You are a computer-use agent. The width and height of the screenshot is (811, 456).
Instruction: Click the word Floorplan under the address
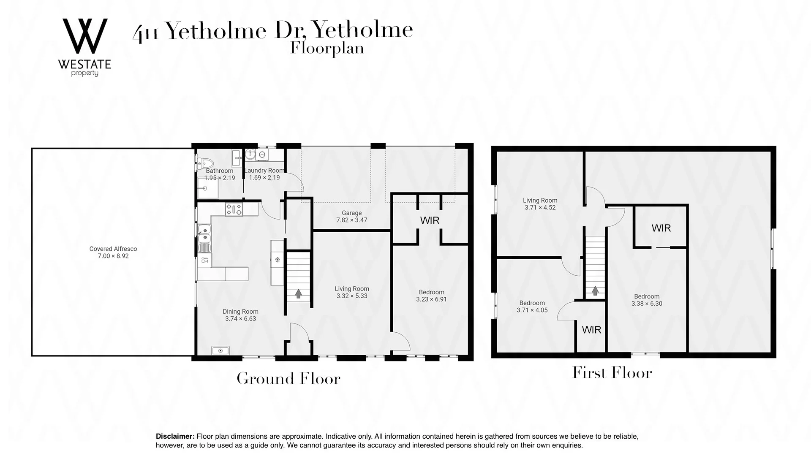click(327, 49)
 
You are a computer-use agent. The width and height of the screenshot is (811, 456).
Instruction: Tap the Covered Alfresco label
click(113, 252)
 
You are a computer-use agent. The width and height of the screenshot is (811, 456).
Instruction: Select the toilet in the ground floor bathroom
click(207, 163)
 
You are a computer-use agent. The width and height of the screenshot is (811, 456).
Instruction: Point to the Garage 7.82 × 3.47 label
click(351, 217)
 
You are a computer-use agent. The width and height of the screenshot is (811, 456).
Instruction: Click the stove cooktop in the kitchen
click(234, 209)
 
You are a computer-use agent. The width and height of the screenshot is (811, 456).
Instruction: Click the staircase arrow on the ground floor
click(299, 293)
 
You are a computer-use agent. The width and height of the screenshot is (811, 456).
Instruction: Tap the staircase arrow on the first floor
click(595, 290)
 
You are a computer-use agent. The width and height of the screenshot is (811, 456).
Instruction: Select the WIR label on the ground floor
click(430, 220)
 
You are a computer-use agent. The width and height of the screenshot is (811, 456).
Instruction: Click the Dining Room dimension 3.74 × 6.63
click(240, 319)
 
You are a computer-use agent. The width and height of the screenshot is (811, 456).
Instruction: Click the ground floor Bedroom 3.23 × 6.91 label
click(431, 296)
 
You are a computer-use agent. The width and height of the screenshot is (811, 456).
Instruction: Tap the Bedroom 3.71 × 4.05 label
click(532, 307)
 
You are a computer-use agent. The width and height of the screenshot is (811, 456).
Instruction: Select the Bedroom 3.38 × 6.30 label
click(647, 300)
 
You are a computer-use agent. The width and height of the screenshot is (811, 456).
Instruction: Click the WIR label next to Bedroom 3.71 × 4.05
click(591, 330)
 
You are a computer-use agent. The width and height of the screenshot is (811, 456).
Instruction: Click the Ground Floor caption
click(288, 378)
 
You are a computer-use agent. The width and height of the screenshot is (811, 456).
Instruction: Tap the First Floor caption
click(612, 373)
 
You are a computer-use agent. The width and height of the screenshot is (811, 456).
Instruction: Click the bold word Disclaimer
click(175, 436)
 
